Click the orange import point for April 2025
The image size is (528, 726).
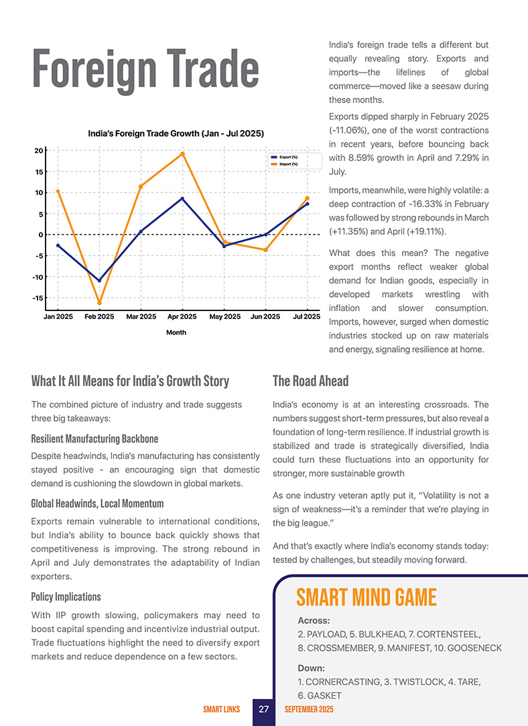182,154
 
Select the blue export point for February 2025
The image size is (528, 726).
100,280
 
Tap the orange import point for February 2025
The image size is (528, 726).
100,303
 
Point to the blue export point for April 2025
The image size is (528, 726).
182,198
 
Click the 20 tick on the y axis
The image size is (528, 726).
40,150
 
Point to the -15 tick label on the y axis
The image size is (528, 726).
38,298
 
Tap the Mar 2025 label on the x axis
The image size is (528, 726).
141,316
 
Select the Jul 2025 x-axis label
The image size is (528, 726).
307,316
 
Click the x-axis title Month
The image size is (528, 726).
176,332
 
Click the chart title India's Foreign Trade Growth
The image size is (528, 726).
176,133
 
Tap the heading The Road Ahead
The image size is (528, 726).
310,381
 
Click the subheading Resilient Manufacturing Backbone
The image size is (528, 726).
94,439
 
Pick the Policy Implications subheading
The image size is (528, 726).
66,597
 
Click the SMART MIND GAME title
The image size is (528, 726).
367,597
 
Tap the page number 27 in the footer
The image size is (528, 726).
263,709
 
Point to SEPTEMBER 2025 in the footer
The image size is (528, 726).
309,709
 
